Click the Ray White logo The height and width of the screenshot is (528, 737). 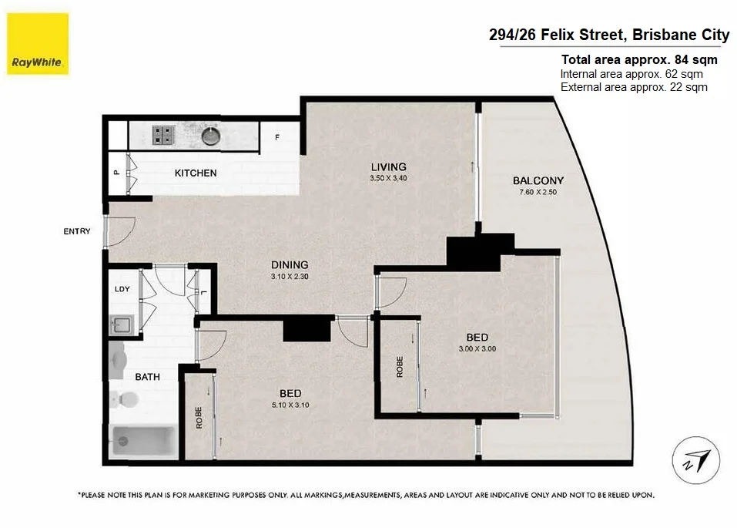[38, 44]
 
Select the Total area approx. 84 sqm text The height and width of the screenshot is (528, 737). [639, 59]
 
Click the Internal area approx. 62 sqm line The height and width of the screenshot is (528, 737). [631, 74]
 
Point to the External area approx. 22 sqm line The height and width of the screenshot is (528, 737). [634, 87]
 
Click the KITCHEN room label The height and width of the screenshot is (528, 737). [196, 173]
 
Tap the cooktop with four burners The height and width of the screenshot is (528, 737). [163, 136]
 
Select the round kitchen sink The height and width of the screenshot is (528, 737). [210, 136]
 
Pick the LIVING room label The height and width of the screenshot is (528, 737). [388, 166]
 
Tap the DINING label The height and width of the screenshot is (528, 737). [290, 264]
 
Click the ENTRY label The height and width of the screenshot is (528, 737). [78, 231]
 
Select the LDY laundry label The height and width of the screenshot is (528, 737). [122, 289]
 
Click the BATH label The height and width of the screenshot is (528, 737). [147, 377]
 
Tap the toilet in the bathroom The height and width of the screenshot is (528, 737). [123, 399]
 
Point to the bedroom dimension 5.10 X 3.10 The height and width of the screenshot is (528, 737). [290, 404]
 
